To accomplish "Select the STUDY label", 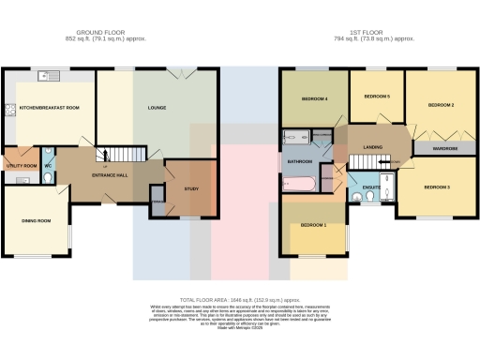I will [191, 189].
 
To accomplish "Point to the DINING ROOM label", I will [37, 221].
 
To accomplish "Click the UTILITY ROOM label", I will [22, 166].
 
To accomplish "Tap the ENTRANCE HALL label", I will [111, 174].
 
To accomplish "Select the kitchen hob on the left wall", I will [9, 110].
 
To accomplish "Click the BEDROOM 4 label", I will [313, 99].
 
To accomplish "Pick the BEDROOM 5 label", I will [376, 97].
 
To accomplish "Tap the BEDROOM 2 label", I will [441, 106].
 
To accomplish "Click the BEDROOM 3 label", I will [437, 188].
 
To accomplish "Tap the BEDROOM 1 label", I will [313, 226].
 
